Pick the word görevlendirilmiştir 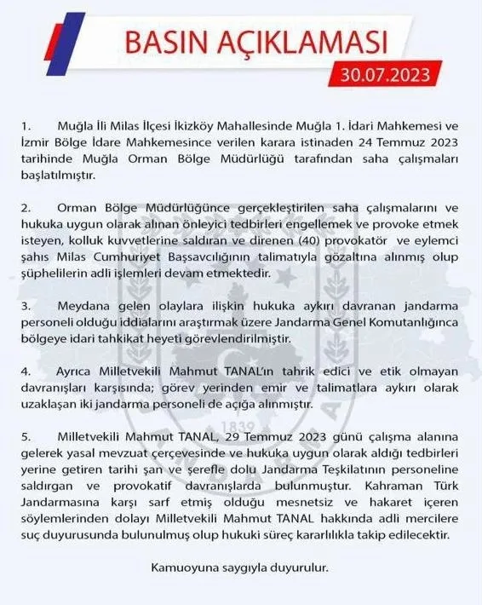(x=234, y=337)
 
